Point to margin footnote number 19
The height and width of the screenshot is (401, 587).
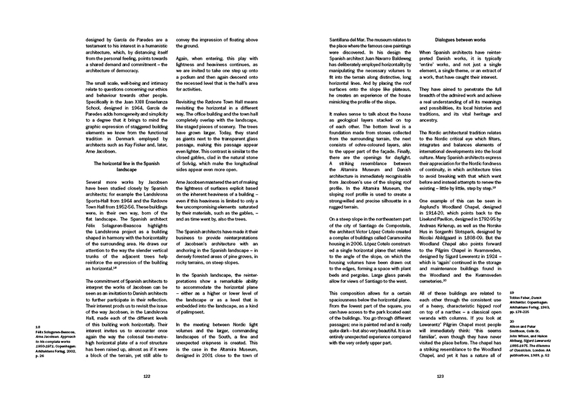point(512,292)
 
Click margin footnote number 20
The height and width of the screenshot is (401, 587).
point(512,320)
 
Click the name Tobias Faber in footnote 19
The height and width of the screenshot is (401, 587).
point(522,298)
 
